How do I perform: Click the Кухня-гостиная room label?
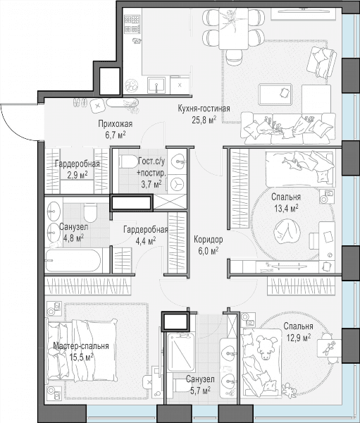pyautogui.click(x=204, y=109)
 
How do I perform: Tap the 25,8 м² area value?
pyautogui.click(x=204, y=120)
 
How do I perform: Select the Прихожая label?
pyautogui.click(x=115, y=124)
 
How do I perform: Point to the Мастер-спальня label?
pyautogui.click(x=81, y=346)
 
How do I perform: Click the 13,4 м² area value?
pyautogui.click(x=285, y=208)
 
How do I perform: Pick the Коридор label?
pyautogui.click(x=209, y=239)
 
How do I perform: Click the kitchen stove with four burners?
pyautogui.click(x=132, y=24)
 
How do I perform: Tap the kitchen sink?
pyautogui.click(x=156, y=85)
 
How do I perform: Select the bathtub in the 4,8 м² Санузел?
pyautogui.click(x=73, y=261)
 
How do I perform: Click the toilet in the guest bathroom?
pyautogui.click(x=129, y=161)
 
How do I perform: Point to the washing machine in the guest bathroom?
pyautogui.click(x=177, y=184)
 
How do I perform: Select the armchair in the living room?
pyautogui.click(x=322, y=63)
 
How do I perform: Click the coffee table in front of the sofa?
pyautogui.click(x=275, y=94)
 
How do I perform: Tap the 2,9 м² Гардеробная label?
pyautogui.click(x=77, y=169)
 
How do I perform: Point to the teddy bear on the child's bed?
pyautogui.click(x=266, y=348)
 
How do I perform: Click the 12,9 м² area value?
pyautogui.click(x=299, y=338)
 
